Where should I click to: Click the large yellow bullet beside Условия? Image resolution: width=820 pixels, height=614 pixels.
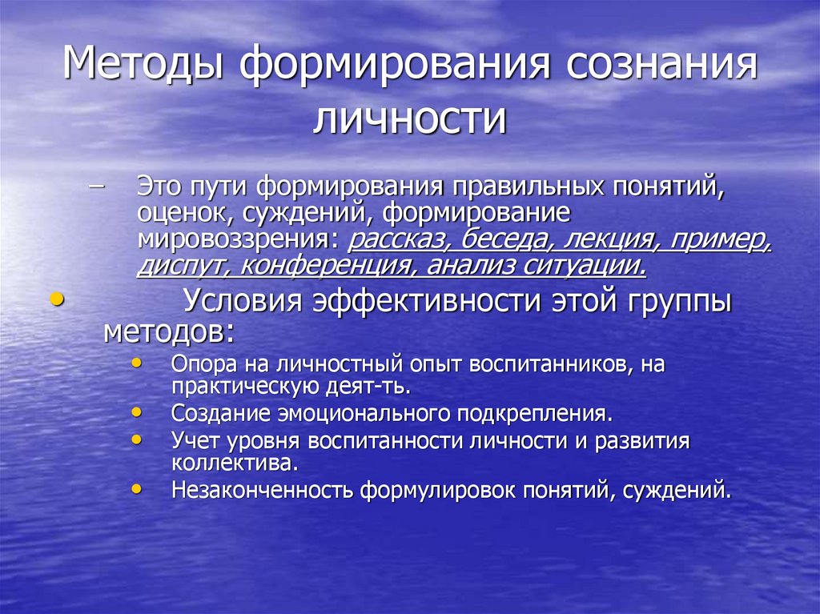55,299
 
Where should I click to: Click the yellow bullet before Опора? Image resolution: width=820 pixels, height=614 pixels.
138,363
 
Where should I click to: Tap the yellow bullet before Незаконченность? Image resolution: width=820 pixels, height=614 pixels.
138,488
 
